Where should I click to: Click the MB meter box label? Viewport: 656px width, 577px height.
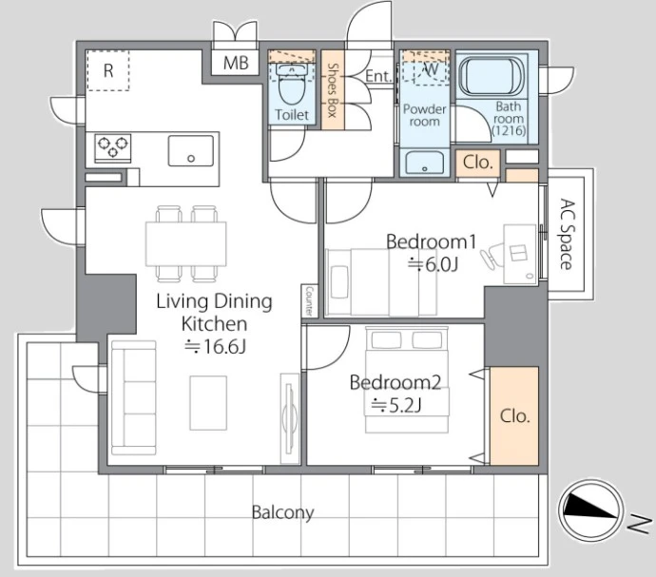click(x=236, y=63)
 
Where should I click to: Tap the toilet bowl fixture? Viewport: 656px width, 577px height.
click(x=292, y=85)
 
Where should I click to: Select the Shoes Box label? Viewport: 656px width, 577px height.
click(x=332, y=90)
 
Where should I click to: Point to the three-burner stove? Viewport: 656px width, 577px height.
click(x=112, y=147)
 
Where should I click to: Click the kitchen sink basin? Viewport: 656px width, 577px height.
click(x=191, y=150)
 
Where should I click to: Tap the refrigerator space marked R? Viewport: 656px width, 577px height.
click(x=108, y=70)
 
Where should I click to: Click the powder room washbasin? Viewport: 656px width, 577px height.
click(x=425, y=163)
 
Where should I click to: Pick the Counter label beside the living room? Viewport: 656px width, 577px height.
click(x=309, y=300)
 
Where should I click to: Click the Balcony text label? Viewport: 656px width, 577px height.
click(x=282, y=512)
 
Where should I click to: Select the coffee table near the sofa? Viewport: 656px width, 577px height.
click(x=208, y=403)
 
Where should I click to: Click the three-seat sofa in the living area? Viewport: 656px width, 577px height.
click(x=134, y=398)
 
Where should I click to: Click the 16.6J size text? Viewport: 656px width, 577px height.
click(x=216, y=346)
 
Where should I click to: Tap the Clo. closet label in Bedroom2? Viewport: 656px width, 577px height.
click(x=515, y=416)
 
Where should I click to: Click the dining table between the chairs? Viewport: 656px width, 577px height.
click(x=186, y=244)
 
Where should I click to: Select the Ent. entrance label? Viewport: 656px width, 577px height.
click(x=377, y=76)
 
